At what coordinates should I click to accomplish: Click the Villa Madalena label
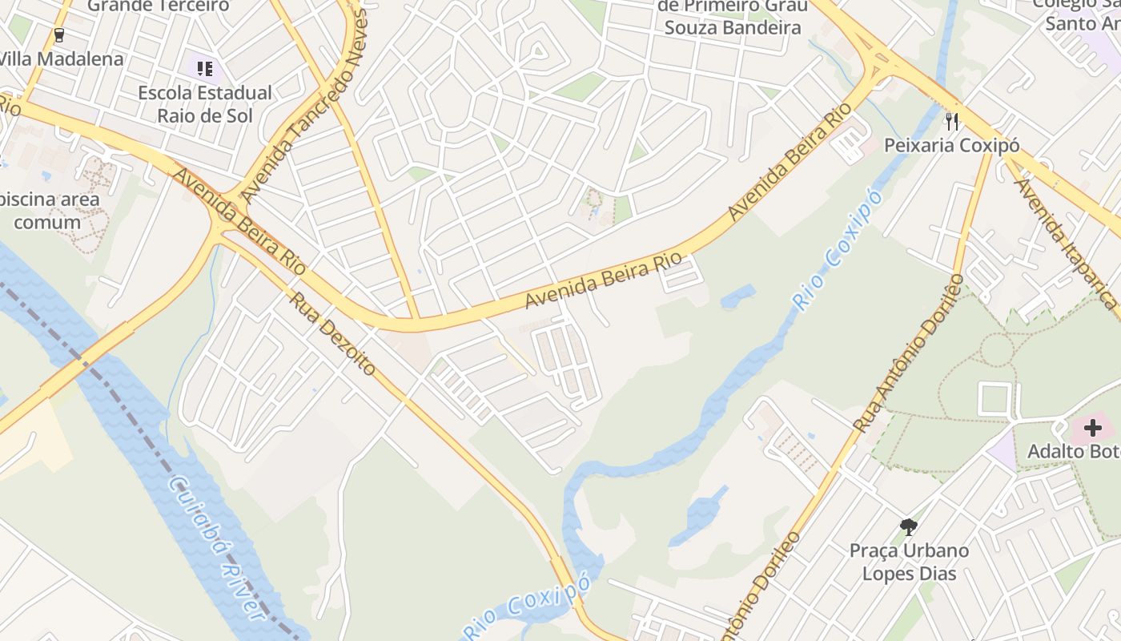point(62,58)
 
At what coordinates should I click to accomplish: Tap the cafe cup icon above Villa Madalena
point(58,34)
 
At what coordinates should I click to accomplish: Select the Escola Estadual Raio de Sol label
point(205,104)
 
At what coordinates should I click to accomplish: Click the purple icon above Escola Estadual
point(206,69)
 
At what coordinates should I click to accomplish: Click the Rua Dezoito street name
point(332,334)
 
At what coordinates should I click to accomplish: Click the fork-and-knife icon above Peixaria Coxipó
point(952,121)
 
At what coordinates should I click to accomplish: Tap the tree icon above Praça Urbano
point(908,526)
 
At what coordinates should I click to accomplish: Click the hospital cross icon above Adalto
point(1092,428)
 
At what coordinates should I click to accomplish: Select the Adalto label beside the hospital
point(1073,452)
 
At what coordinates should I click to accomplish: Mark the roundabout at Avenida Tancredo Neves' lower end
point(226,211)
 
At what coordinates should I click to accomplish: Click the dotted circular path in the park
point(997,350)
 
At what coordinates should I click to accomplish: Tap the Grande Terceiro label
point(158,6)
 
